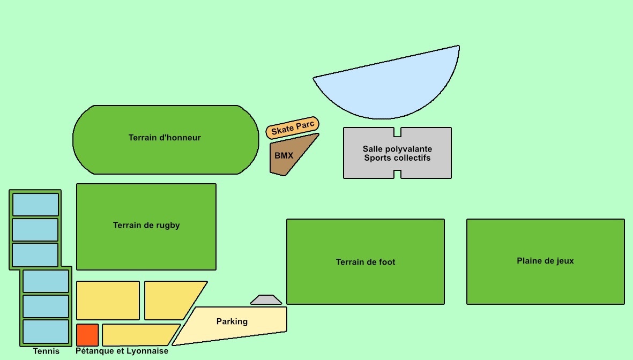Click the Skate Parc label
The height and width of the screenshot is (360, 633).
(x=293, y=129)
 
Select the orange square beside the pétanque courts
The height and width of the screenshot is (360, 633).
(x=87, y=335)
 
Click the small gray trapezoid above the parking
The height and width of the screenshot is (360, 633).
(x=266, y=300)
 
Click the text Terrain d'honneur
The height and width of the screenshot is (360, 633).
(x=165, y=138)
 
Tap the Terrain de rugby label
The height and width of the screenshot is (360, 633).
(x=146, y=226)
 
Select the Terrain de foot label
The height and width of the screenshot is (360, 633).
(x=366, y=262)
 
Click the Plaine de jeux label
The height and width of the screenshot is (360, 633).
(x=545, y=261)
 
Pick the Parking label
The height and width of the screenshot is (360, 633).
(x=232, y=321)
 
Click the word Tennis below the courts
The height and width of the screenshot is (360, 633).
(x=46, y=351)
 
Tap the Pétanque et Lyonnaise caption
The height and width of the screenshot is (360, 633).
(x=122, y=351)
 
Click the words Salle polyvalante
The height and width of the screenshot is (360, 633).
(x=397, y=149)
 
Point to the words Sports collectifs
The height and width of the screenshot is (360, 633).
(x=397, y=158)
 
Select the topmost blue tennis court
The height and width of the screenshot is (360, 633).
(x=35, y=205)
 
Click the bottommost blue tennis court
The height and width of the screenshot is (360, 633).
(x=46, y=332)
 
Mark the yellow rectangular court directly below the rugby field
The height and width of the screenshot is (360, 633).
(x=108, y=301)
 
